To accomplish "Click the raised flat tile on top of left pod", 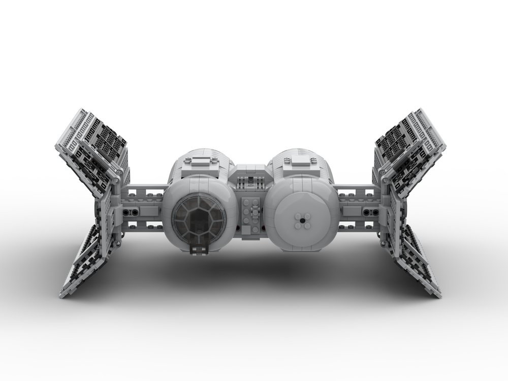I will (201, 162).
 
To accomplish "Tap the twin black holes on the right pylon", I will (373, 211).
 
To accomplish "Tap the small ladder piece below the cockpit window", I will (195, 249).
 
